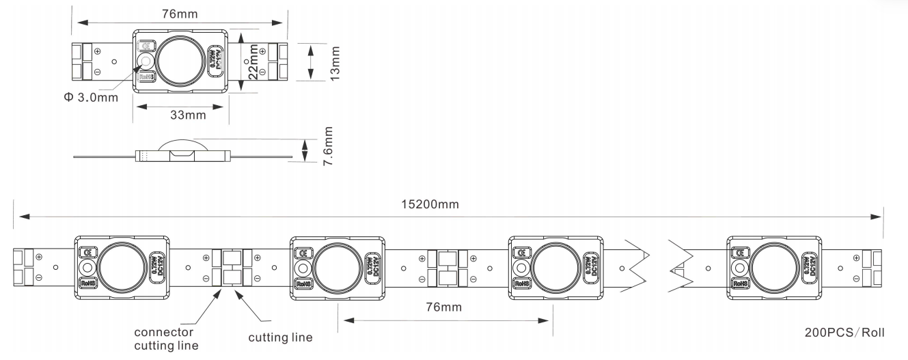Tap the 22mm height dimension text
click(x=253, y=62)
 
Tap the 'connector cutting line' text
click(x=167, y=338)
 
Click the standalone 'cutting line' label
click(x=280, y=337)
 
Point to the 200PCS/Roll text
click(x=844, y=333)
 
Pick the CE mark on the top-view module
click(x=145, y=46)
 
